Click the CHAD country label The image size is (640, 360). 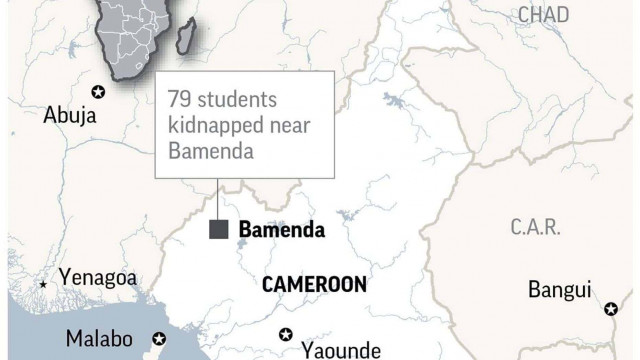pyautogui.click(x=544, y=13)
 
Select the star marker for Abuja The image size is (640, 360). pyautogui.click(x=98, y=92)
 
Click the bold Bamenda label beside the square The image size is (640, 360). pyautogui.click(x=281, y=230)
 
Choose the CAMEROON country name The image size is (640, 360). pyautogui.click(x=313, y=284)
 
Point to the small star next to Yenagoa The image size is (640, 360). pyautogui.click(x=42, y=285)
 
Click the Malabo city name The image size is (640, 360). pyautogui.click(x=100, y=339)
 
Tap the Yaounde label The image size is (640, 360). pyautogui.click(x=340, y=349)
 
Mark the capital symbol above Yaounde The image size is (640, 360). pyautogui.click(x=287, y=333)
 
